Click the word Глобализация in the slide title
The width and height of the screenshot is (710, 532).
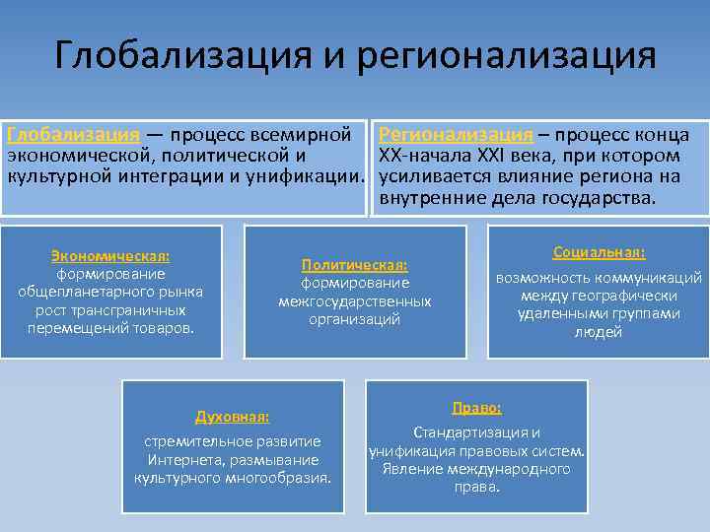tap(182, 55)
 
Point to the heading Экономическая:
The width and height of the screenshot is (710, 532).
tap(110, 256)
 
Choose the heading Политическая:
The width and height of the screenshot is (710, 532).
tap(355, 265)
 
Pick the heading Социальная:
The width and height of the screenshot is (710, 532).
tap(599, 252)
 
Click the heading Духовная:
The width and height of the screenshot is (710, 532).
tap(233, 417)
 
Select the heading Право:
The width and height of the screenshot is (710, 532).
tap(476, 407)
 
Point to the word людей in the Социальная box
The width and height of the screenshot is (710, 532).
tap(599, 333)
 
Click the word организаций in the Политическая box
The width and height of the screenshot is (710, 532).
tap(355, 319)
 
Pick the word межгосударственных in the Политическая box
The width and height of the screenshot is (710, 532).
tap(355, 300)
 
